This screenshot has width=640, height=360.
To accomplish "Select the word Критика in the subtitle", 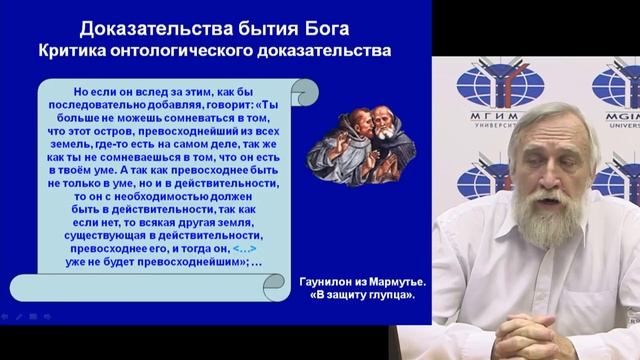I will coord(82,49).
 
